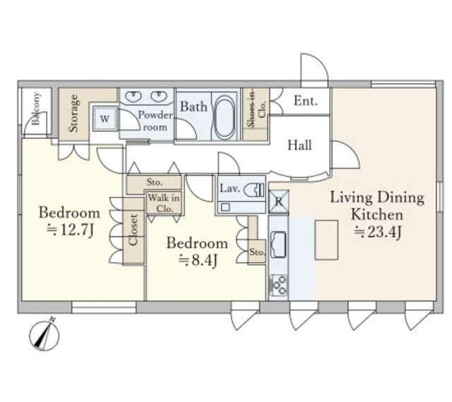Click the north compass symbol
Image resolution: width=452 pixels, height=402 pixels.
(44, 336)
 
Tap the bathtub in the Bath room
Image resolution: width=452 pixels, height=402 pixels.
(225, 117)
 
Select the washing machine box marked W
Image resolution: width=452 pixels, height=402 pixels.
(105, 119)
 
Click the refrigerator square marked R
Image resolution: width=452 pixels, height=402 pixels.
(278, 201)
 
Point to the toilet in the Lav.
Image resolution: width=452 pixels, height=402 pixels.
(254, 190)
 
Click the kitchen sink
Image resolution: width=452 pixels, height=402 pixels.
(278, 244)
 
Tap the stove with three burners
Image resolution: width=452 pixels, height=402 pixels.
(278, 285)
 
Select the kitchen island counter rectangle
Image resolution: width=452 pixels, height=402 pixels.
(326, 240)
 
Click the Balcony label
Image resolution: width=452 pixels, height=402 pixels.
(36, 108)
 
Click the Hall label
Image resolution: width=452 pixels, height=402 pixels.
(299, 145)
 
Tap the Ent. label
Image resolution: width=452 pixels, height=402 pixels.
(306, 101)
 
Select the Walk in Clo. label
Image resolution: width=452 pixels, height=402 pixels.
(164, 203)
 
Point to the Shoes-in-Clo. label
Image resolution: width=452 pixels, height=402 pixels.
(256, 108)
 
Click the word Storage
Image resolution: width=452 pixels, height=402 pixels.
(73, 113)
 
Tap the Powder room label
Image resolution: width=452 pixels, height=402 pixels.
(155, 121)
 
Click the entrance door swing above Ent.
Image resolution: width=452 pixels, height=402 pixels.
(314, 70)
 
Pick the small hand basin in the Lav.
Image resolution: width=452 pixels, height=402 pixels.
(225, 207)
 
